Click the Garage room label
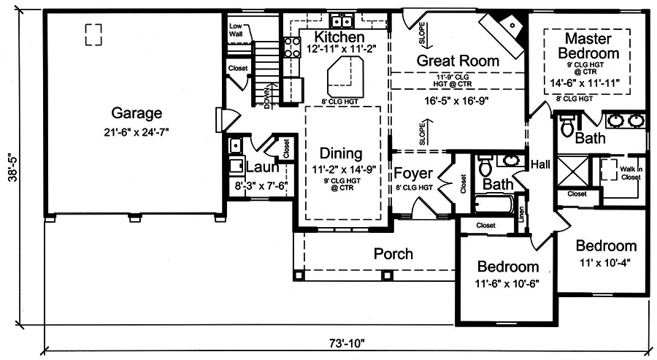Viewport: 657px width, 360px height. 137,113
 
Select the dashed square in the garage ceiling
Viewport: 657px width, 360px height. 93,32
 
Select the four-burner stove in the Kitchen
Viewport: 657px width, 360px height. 292,47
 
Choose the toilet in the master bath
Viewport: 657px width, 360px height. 568,126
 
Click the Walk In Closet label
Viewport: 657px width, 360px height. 631,172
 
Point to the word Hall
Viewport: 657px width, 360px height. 540,164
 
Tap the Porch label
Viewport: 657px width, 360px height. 393,254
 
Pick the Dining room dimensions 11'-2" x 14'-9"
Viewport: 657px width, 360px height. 342,170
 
